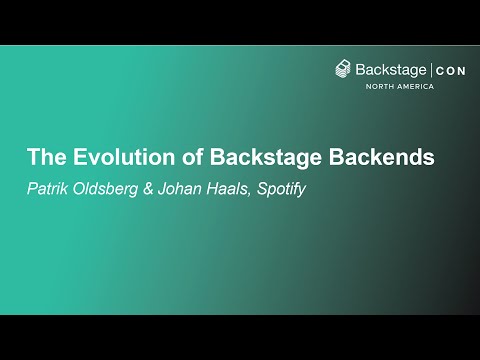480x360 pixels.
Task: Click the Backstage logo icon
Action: coord(344,70)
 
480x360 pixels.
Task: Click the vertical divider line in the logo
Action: coord(431,70)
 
